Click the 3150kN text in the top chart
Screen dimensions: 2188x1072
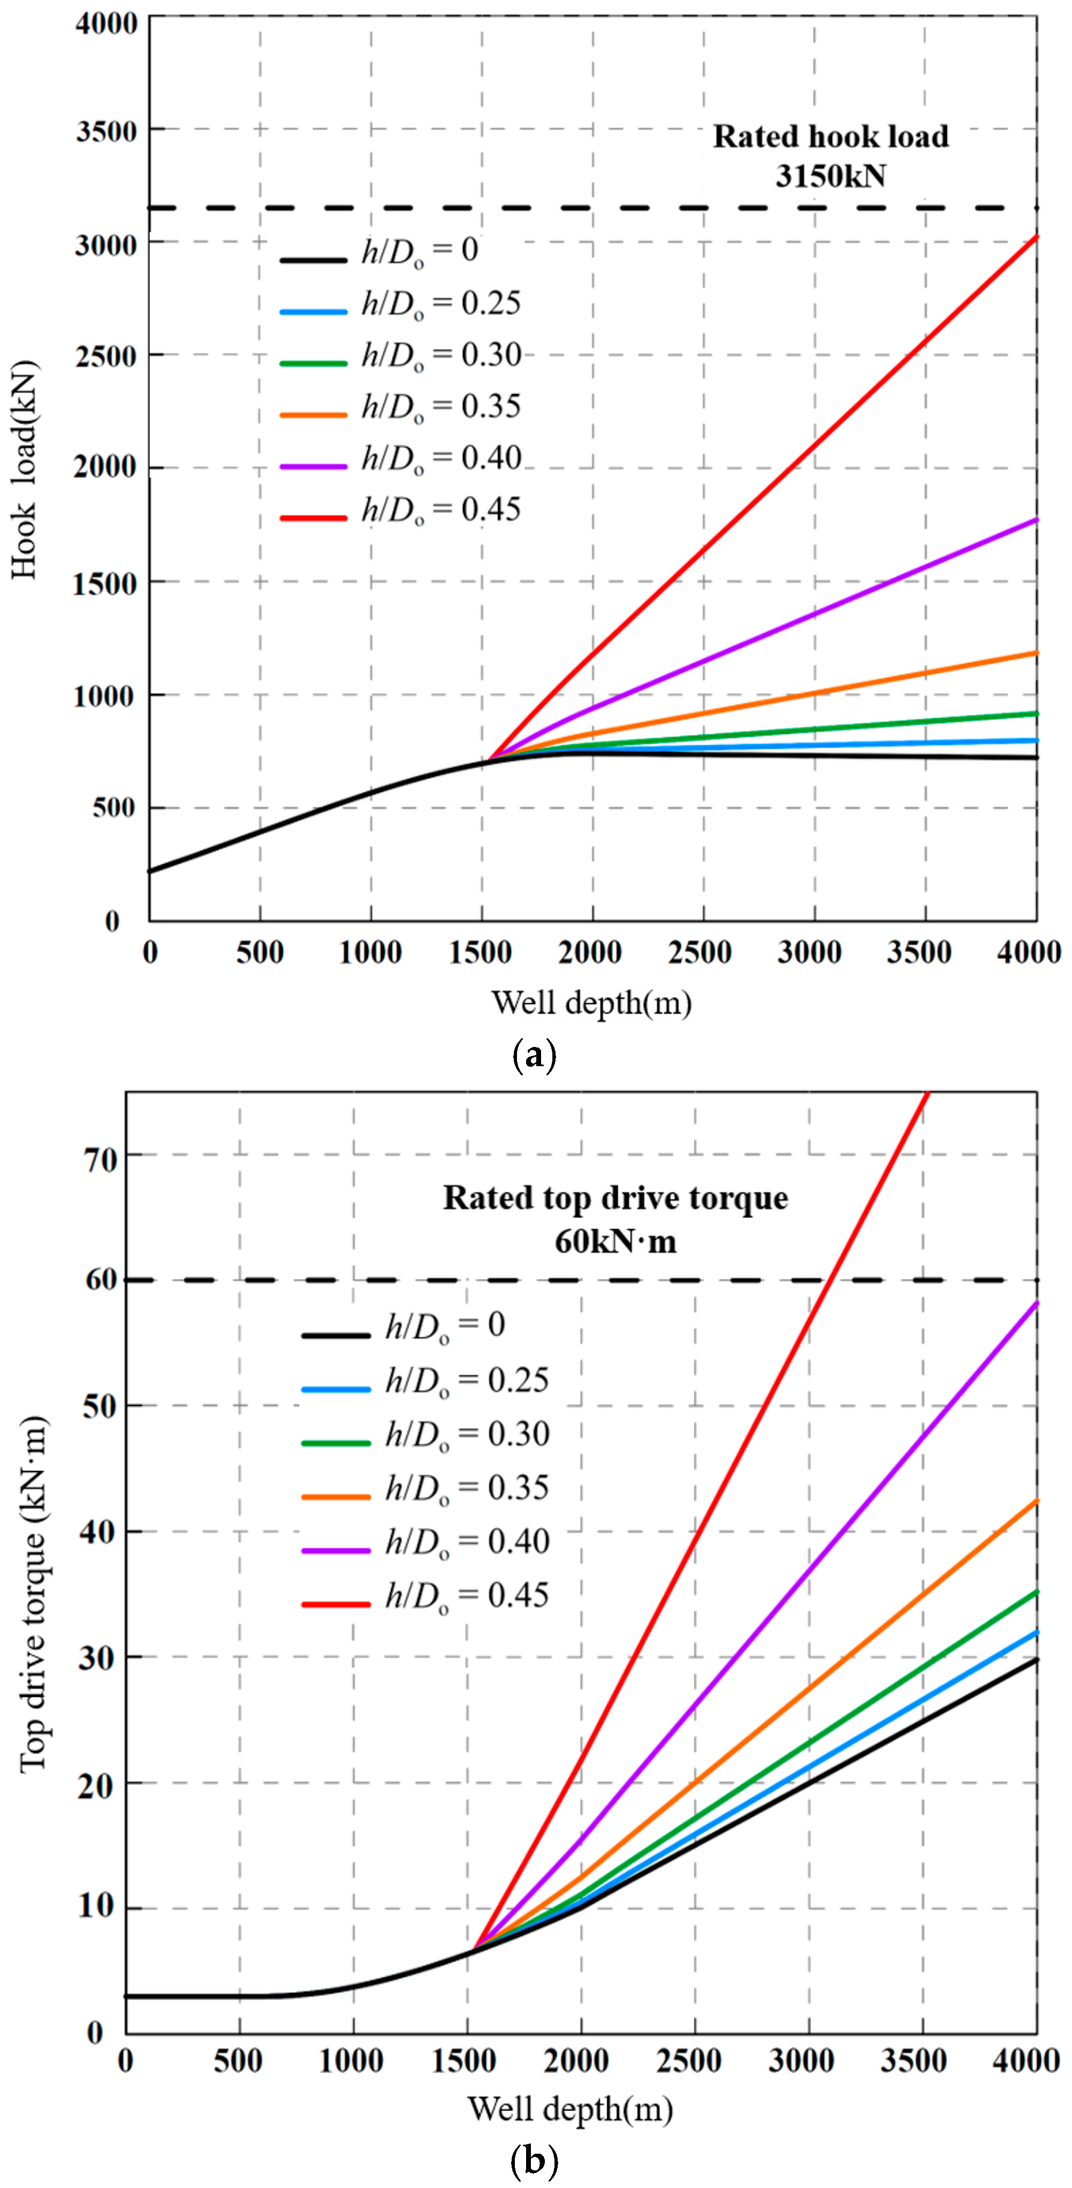coord(830,176)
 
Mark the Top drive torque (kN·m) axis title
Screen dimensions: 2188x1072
coord(33,1595)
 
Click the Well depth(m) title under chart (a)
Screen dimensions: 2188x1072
coord(591,1003)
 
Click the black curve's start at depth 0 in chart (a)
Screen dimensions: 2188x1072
coord(150,871)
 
